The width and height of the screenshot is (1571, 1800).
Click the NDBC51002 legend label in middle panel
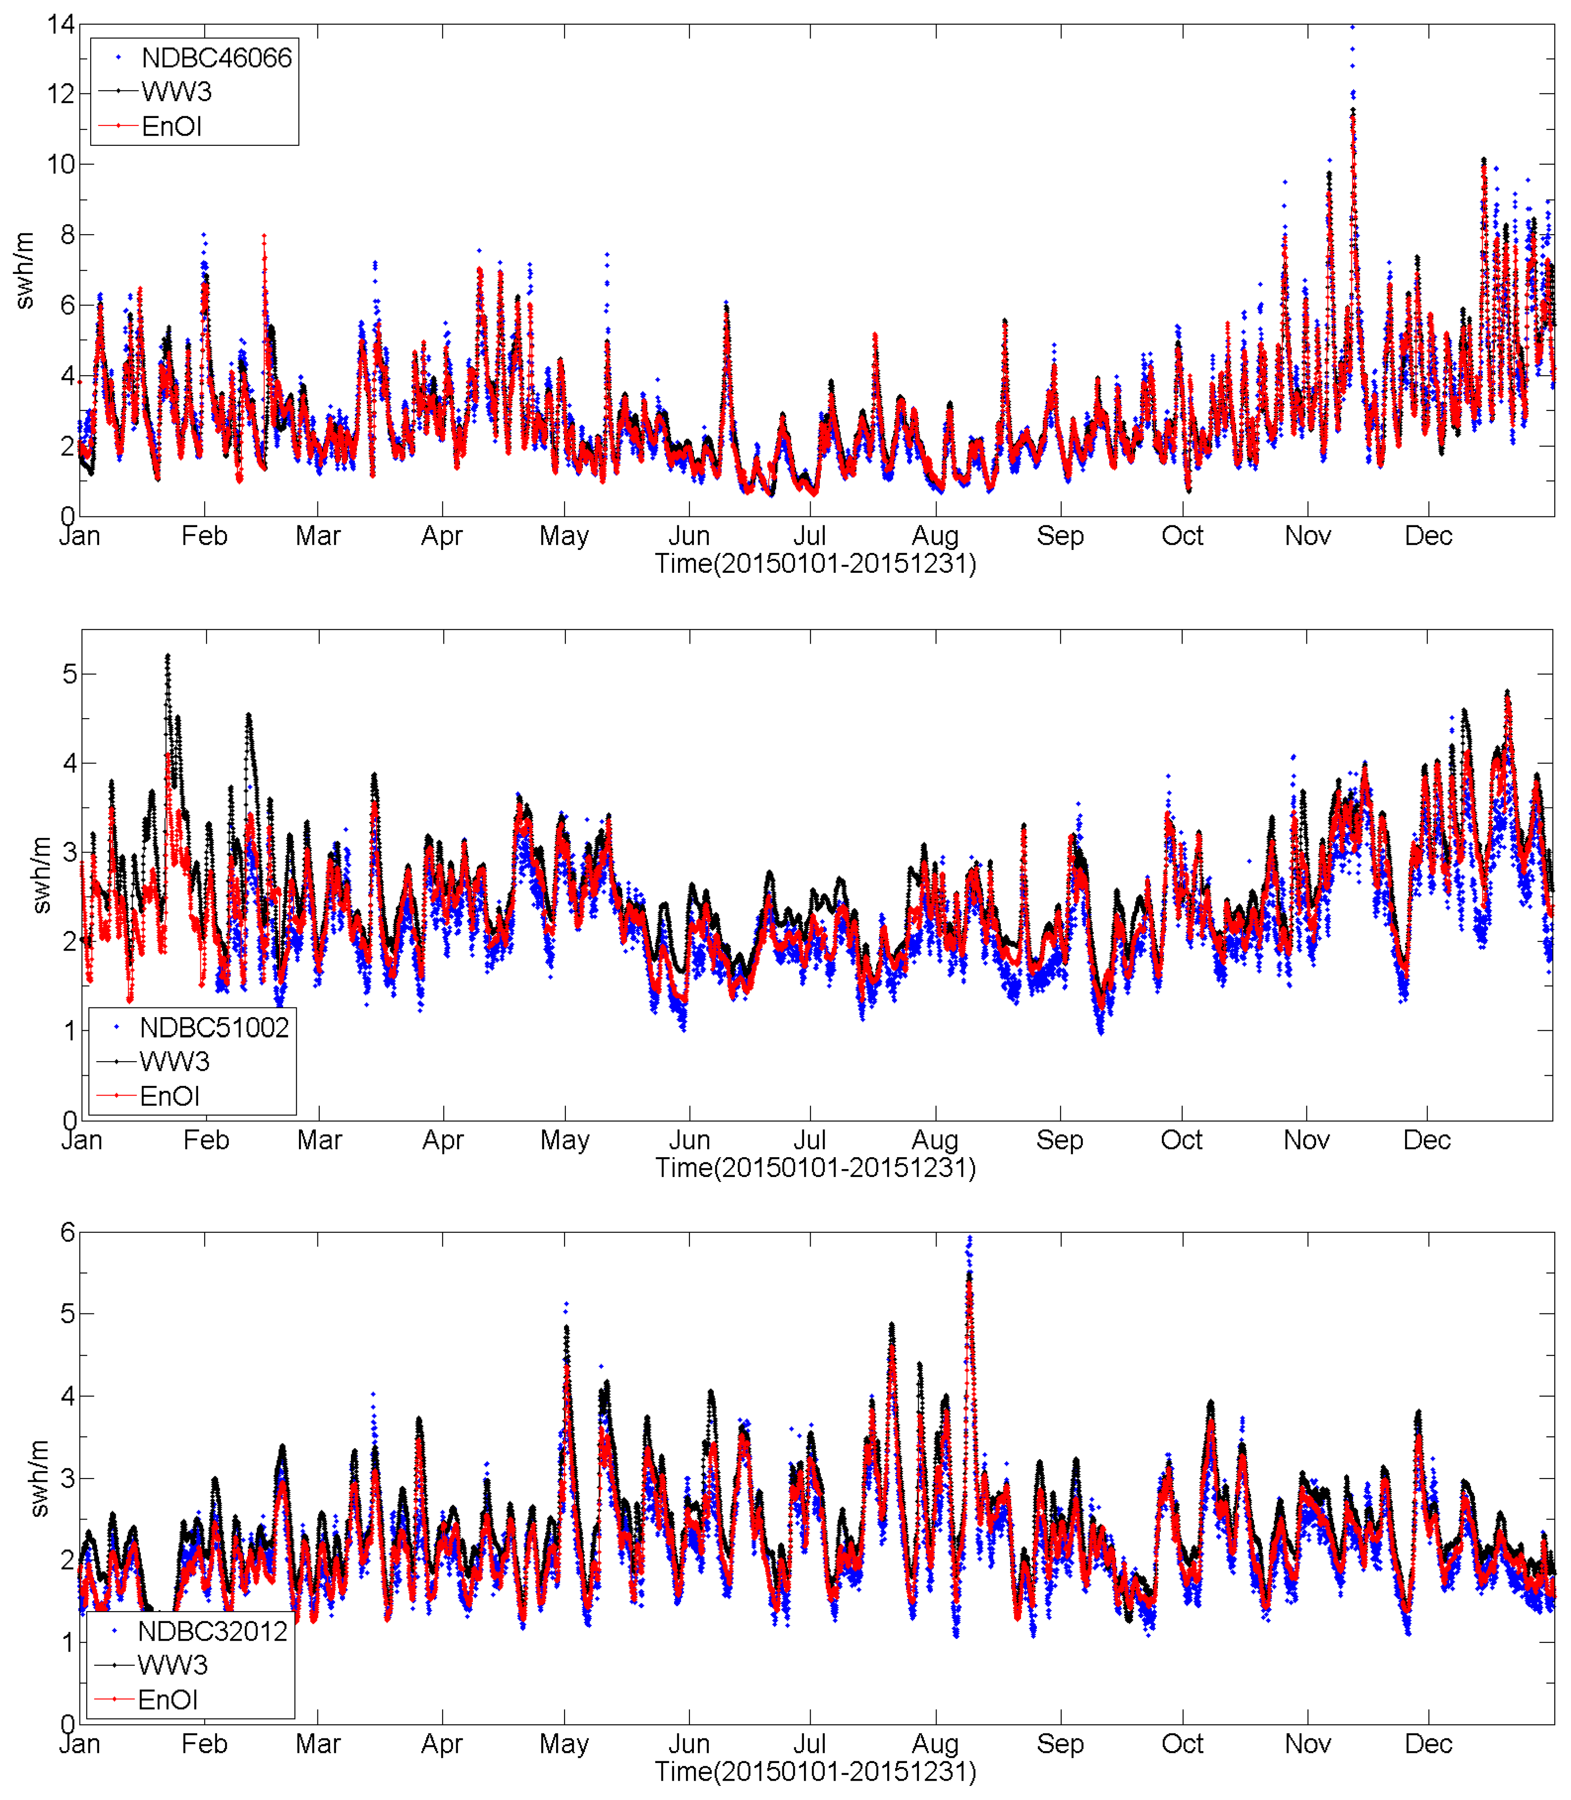pos(214,1028)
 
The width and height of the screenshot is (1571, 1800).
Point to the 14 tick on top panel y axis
pos(61,25)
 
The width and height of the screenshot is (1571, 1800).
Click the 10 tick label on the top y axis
pos(61,164)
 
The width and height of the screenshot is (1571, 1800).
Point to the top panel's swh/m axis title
pos(25,270)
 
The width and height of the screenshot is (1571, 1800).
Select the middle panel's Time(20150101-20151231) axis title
pos(815,1168)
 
